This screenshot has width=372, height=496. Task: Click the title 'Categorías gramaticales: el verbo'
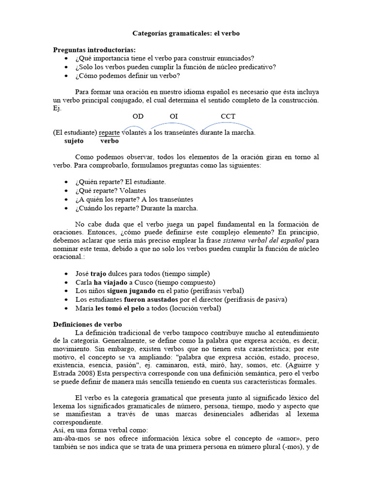coord(186,33)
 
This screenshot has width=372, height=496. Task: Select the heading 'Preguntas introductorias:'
coord(94,50)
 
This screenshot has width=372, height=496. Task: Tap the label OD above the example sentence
coord(138,116)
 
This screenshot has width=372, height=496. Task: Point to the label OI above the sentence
coord(174,116)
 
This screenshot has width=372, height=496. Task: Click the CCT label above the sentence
coord(228,116)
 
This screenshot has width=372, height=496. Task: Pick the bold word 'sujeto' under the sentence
coord(74,141)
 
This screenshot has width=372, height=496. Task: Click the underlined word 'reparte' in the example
coord(109,132)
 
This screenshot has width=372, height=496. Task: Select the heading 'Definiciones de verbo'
coord(87,324)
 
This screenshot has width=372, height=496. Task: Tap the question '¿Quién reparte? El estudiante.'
coord(121,182)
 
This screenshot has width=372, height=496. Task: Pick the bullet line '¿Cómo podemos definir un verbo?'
coord(127,76)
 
